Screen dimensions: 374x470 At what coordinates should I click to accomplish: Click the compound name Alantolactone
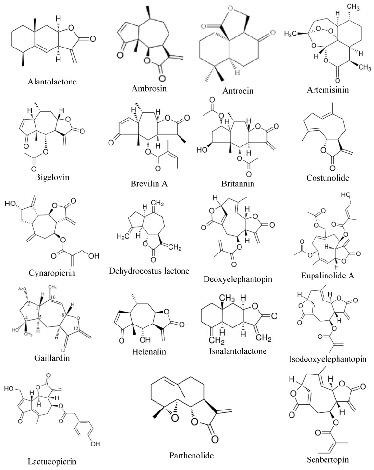pyautogui.click(x=52, y=82)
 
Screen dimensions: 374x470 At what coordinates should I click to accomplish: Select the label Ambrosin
pyautogui.click(x=149, y=88)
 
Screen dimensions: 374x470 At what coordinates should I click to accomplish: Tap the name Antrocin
pyautogui.click(x=238, y=91)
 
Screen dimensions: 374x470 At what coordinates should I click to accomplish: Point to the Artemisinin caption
pyautogui.click(x=327, y=90)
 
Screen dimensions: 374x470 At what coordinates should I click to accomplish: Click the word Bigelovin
pyautogui.click(x=52, y=177)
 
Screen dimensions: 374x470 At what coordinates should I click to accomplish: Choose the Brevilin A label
pyautogui.click(x=149, y=183)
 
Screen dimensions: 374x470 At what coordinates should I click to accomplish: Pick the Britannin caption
pyautogui.click(x=238, y=183)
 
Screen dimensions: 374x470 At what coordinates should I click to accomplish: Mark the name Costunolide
pyautogui.click(x=327, y=178)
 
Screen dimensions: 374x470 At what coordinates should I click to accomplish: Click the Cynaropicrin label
pyautogui.click(x=52, y=273)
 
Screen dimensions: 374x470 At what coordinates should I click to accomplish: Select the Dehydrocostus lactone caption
pyautogui.click(x=149, y=271)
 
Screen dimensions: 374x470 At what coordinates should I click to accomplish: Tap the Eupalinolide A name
pyautogui.click(x=327, y=276)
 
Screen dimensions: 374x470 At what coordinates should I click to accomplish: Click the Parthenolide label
pyautogui.click(x=192, y=456)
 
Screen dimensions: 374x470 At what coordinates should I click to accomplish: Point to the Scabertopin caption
pyautogui.click(x=327, y=459)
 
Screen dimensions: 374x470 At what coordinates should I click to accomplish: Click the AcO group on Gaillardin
pyautogui.click(x=23, y=289)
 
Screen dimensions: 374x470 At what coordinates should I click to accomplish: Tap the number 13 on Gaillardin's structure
pyautogui.click(x=63, y=350)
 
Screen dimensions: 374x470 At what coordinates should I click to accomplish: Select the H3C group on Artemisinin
pyautogui.click(x=290, y=34)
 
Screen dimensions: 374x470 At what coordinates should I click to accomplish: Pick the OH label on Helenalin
pyautogui.click(x=145, y=339)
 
